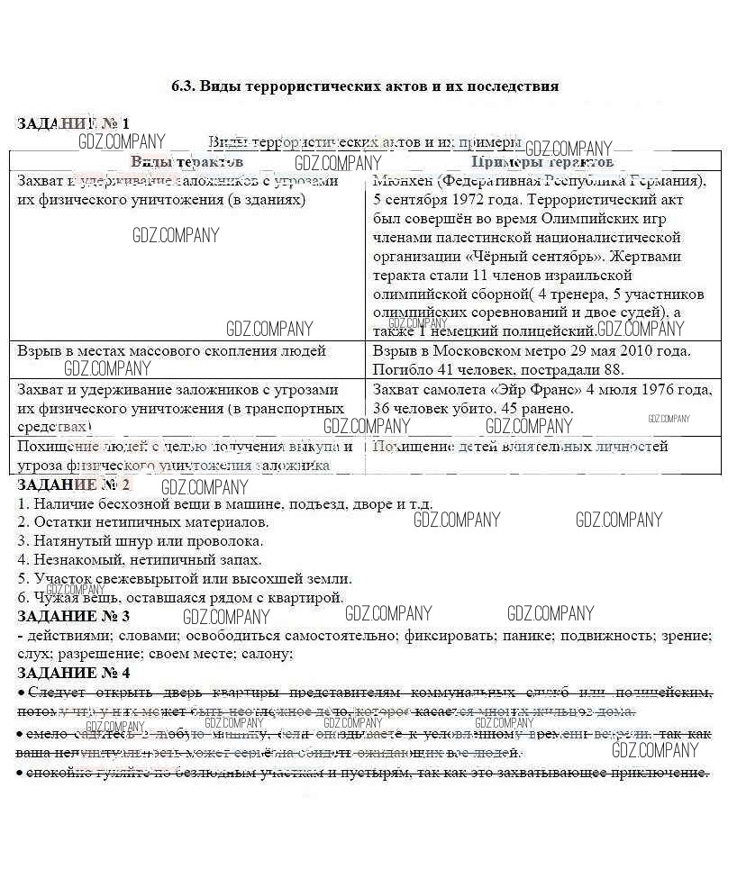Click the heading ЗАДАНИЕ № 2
click(x=74, y=484)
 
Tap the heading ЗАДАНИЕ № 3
click(x=74, y=616)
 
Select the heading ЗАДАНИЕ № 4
click(x=74, y=673)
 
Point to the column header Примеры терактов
click(x=542, y=162)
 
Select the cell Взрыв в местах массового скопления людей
click(x=172, y=350)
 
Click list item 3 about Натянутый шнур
click(x=141, y=541)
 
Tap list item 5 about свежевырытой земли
click(x=185, y=579)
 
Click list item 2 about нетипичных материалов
click(x=143, y=522)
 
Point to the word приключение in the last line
click(x=660, y=773)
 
